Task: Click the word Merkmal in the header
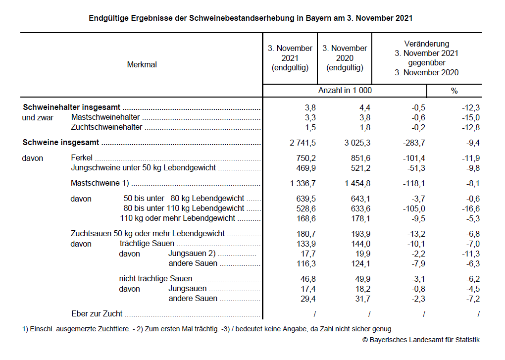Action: point(142,64)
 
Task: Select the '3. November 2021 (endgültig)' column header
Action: point(290,58)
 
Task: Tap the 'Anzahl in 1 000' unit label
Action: point(345,91)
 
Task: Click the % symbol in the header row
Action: point(454,91)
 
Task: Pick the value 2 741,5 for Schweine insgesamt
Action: point(303,143)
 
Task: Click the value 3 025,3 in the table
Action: point(357,143)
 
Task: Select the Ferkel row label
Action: point(82,158)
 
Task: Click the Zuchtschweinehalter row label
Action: point(106,127)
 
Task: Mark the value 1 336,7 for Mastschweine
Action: point(303,183)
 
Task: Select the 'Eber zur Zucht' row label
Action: point(97,313)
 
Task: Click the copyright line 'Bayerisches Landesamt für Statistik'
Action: point(421,340)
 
